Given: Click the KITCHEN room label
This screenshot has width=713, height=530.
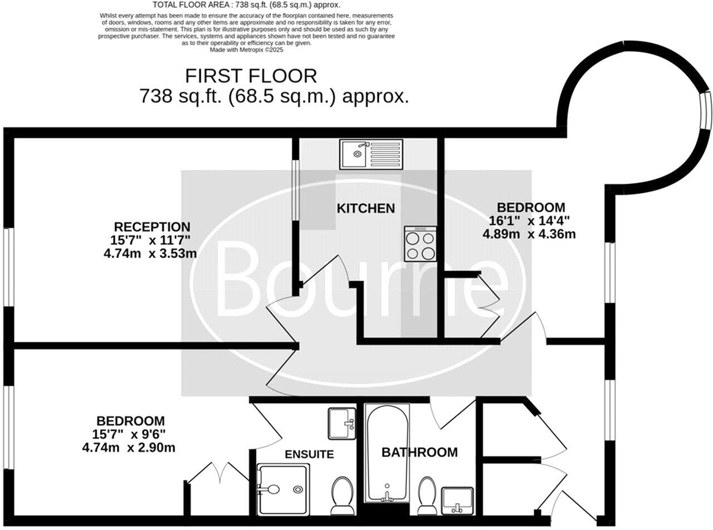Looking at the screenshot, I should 365,208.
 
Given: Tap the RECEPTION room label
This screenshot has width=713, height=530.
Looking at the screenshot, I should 152,227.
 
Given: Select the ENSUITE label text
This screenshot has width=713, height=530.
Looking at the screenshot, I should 309,454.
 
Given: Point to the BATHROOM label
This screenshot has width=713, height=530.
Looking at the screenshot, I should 419,452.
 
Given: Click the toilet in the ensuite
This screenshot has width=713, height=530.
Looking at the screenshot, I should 341,495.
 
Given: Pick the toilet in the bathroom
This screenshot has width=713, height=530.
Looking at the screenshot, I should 428,495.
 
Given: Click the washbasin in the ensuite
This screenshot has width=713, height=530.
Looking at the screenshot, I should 341,424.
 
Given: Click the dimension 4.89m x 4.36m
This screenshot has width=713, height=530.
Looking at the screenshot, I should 529,234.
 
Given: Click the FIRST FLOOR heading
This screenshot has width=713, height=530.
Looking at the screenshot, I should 251,76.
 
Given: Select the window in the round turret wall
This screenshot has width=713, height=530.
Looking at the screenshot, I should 706,110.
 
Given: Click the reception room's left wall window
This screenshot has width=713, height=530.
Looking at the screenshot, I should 8,267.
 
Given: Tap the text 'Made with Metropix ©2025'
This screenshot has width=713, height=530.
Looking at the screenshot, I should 246,50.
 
